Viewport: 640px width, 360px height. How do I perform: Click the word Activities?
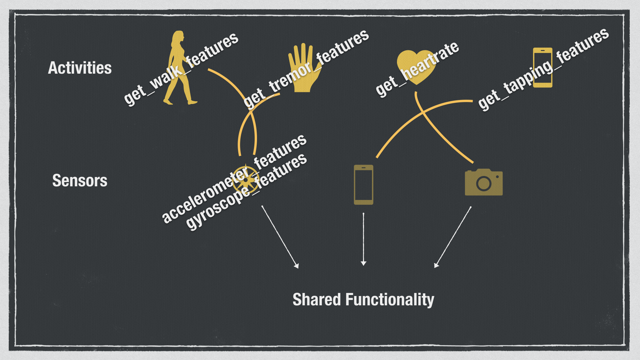click(80, 68)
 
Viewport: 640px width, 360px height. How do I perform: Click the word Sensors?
click(80, 181)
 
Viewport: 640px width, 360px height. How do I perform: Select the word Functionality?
click(390, 300)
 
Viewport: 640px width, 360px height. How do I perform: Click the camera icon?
click(484, 182)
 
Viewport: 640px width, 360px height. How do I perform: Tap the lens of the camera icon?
click(484, 183)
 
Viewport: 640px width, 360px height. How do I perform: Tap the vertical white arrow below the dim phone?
click(363, 238)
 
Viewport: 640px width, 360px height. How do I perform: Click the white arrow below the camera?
click(453, 237)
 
